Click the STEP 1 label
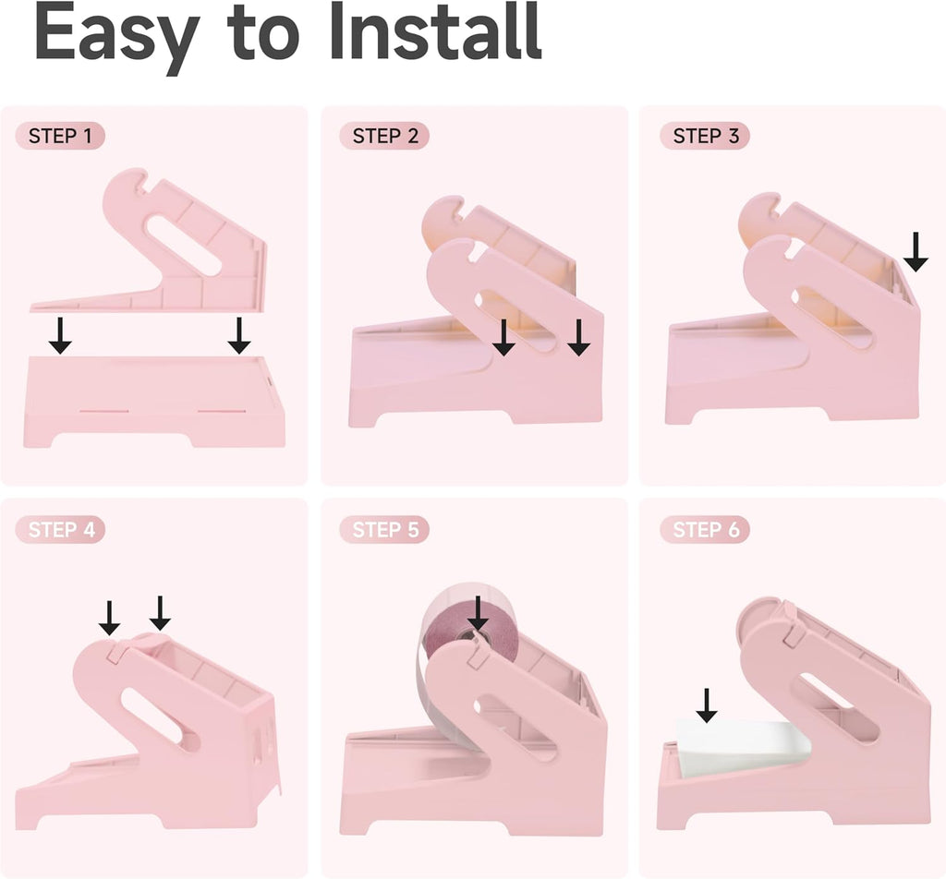[x=60, y=136]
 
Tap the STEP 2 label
[x=384, y=136]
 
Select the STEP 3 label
[x=705, y=136]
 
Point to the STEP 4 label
[x=60, y=529]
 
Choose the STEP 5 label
[x=384, y=529]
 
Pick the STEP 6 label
[x=705, y=529]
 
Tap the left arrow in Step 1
[x=60, y=336]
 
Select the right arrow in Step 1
[x=239, y=336]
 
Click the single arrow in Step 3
[x=916, y=251]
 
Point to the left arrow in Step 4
[x=109, y=618]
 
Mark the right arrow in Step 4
[x=160, y=613]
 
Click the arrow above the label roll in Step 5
[x=478, y=614]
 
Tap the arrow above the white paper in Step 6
[x=707, y=705]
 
